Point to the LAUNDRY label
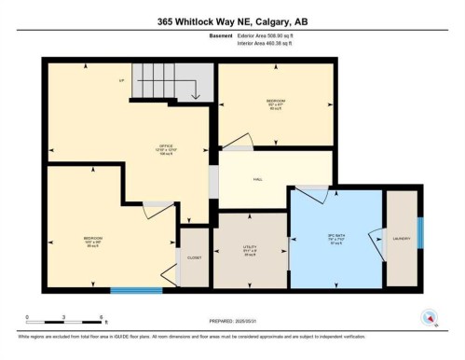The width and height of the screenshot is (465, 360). [401, 238]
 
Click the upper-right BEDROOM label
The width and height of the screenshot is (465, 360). [276, 101]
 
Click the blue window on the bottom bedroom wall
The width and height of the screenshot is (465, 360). [136, 290]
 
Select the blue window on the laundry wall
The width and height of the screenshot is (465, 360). [420, 232]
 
